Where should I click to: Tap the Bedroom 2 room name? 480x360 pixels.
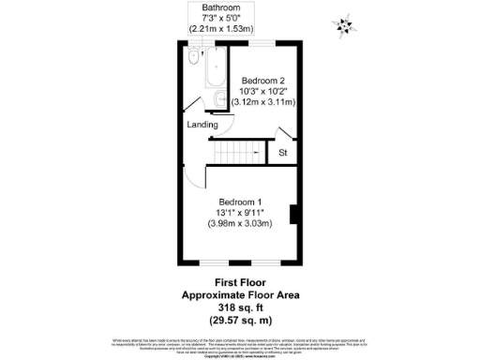pos(262,80)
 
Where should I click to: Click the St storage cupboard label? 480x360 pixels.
pos(282,153)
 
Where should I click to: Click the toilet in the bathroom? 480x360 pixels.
pos(192,58)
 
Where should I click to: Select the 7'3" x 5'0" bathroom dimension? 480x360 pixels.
pos(220,17)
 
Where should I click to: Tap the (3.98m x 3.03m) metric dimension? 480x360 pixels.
pos(239,224)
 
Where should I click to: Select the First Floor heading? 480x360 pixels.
pos(237,281)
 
